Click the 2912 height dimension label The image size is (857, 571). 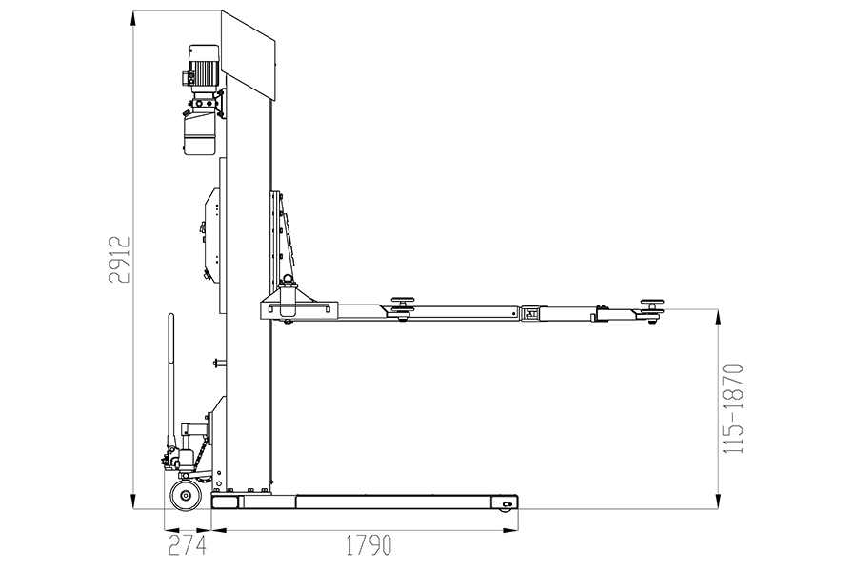pos(119,260)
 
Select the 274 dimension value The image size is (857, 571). pos(187,545)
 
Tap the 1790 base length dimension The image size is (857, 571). pos(369,545)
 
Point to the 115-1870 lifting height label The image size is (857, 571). pos(733,408)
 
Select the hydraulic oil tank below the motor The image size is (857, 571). pos(199,132)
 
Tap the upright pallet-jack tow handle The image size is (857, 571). pos(171,383)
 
